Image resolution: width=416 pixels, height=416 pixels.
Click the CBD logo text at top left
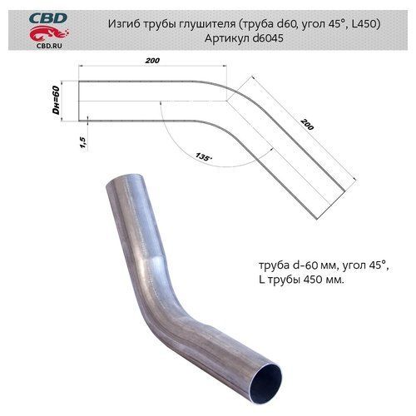(x=48, y=19)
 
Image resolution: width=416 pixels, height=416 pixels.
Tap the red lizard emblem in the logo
(x=49, y=34)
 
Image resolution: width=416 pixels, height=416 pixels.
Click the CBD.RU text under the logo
(x=49, y=46)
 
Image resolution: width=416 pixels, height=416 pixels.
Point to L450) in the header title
(x=366, y=24)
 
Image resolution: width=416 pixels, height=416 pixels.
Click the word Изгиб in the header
(x=124, y=24)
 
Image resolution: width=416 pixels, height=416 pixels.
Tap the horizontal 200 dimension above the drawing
(x=152, y=61)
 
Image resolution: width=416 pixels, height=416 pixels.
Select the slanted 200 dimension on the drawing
(x=307, y=124)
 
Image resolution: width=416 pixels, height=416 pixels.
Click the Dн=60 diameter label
(x=56, y=101)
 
